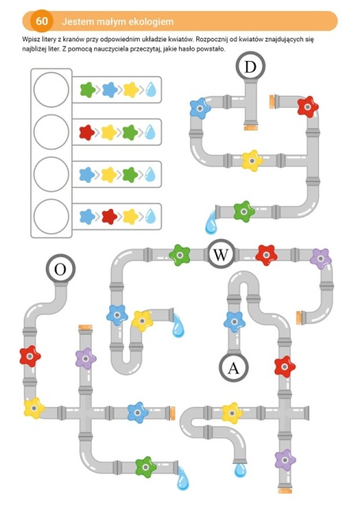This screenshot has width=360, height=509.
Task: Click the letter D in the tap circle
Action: point(250,67)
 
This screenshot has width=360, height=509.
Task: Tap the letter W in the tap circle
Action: point(221,255)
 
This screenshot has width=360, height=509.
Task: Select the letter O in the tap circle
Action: point(60,269)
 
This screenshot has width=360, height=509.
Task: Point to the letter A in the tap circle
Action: point(233,368)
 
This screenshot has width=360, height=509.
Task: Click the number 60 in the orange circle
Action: point(41,21)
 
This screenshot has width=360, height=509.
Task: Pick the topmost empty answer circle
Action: point(51,89)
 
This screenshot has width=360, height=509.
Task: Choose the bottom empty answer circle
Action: point(51,217)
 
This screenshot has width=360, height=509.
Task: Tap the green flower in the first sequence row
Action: point(88,89)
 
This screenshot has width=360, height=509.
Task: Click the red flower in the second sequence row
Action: point(87,132)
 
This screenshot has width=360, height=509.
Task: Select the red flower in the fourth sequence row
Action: point(110,217)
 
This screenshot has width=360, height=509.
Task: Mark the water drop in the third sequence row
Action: point(150,174)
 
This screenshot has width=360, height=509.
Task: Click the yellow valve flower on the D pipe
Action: point(252,161)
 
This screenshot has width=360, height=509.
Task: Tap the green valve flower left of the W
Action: point(180,255)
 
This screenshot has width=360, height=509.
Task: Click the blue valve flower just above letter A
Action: point(234,322)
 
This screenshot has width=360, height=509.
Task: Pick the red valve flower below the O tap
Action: point(30,356)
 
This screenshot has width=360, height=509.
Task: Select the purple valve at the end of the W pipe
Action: point(320,259)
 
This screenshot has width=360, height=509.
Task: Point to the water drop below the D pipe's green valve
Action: point(210,223)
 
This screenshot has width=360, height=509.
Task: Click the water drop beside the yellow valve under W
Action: point(178,326)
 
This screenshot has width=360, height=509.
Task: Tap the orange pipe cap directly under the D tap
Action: point(251,127)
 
